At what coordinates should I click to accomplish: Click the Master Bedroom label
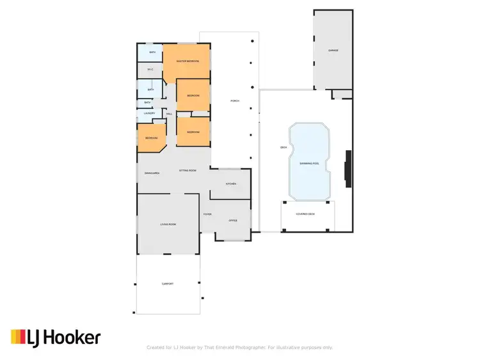tap(188, 61)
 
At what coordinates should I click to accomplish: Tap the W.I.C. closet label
tap(150, 70)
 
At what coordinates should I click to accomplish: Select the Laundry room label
tap(150, 113)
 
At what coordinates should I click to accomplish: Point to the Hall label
tap(170, 113)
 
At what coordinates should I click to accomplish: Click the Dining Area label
tap(152, 173)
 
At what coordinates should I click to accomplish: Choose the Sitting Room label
tap(188, 171)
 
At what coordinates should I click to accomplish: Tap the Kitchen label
tap(231, 184)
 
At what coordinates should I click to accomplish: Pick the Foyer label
tap(207, 214)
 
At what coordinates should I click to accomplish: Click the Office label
tap(233, 221)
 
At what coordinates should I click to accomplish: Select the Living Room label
tap(168, 224)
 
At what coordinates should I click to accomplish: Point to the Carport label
tap(167, 284)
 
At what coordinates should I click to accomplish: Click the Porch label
tap(235, 102)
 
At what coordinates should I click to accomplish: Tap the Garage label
tap(333, 50)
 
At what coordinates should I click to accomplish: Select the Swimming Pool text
tap(310, 164)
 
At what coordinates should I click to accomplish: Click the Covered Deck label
tap(306, 214)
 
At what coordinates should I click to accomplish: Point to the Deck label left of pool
tap(284, 148)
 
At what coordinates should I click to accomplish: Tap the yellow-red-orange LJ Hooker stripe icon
tap(19, 336)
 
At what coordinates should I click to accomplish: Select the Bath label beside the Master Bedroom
tap(152, 52)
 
